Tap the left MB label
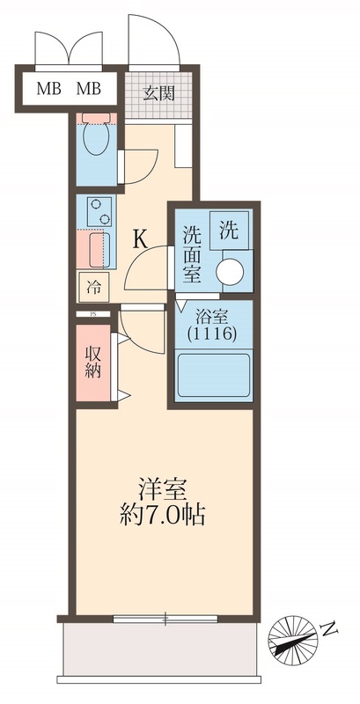[x=48, y=89]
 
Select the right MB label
[x=88, y=89]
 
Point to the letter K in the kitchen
[x=140, y=238]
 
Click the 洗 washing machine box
[x=228, y=231]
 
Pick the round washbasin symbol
[x=233, y=270]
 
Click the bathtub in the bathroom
[x=214, y=376]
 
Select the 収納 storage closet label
[x=92, y=361]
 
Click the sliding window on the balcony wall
[x=165, y=618]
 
